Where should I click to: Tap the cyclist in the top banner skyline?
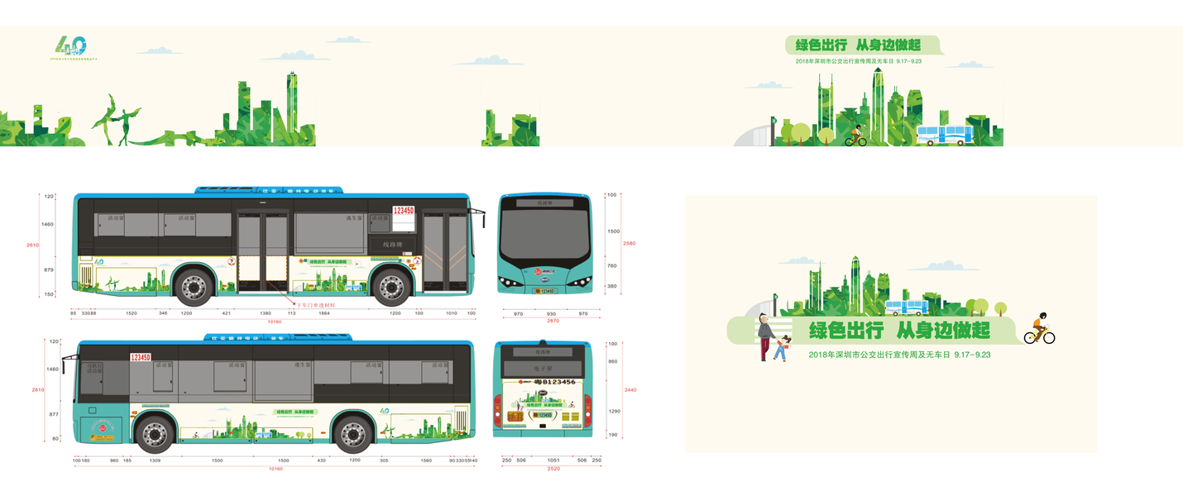(x=855, y=135)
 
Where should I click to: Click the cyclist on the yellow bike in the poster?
(x=1040, y=329)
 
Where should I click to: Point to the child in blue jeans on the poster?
(x=779, y=349)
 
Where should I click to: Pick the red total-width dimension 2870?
(x=553, y=320)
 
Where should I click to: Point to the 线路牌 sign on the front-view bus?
(x=544, y=202)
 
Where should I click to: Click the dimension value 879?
(x=48, y=270)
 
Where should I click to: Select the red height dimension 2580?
(x=629, y=243)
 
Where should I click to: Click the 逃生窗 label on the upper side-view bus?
(x=355, y=218)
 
